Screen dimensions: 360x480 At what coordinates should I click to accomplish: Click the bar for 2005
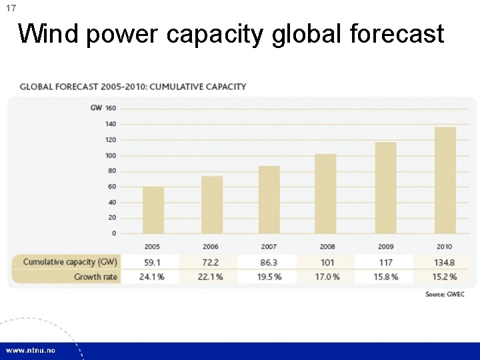153,209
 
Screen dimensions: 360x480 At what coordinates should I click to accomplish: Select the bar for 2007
269,199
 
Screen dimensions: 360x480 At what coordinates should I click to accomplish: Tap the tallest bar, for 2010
445,180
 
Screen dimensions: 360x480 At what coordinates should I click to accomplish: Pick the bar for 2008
325,193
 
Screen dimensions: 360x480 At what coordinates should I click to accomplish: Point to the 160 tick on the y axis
110,109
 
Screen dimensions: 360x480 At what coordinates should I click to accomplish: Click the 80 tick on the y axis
111,171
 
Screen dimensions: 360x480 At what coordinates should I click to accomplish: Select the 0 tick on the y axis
113,233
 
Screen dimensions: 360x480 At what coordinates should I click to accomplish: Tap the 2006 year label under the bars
210,247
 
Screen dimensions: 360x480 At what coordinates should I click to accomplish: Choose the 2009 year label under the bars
386,247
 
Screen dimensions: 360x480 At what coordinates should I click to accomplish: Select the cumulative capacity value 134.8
444,262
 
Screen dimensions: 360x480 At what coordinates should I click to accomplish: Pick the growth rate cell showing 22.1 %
209,277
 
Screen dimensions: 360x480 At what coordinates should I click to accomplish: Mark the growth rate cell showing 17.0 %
327,277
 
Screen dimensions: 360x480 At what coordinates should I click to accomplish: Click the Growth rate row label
95,277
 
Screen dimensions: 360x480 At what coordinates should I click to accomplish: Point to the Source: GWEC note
445,294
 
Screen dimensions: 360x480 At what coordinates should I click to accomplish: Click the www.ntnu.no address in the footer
31,350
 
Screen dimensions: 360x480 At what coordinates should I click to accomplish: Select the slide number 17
11,8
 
